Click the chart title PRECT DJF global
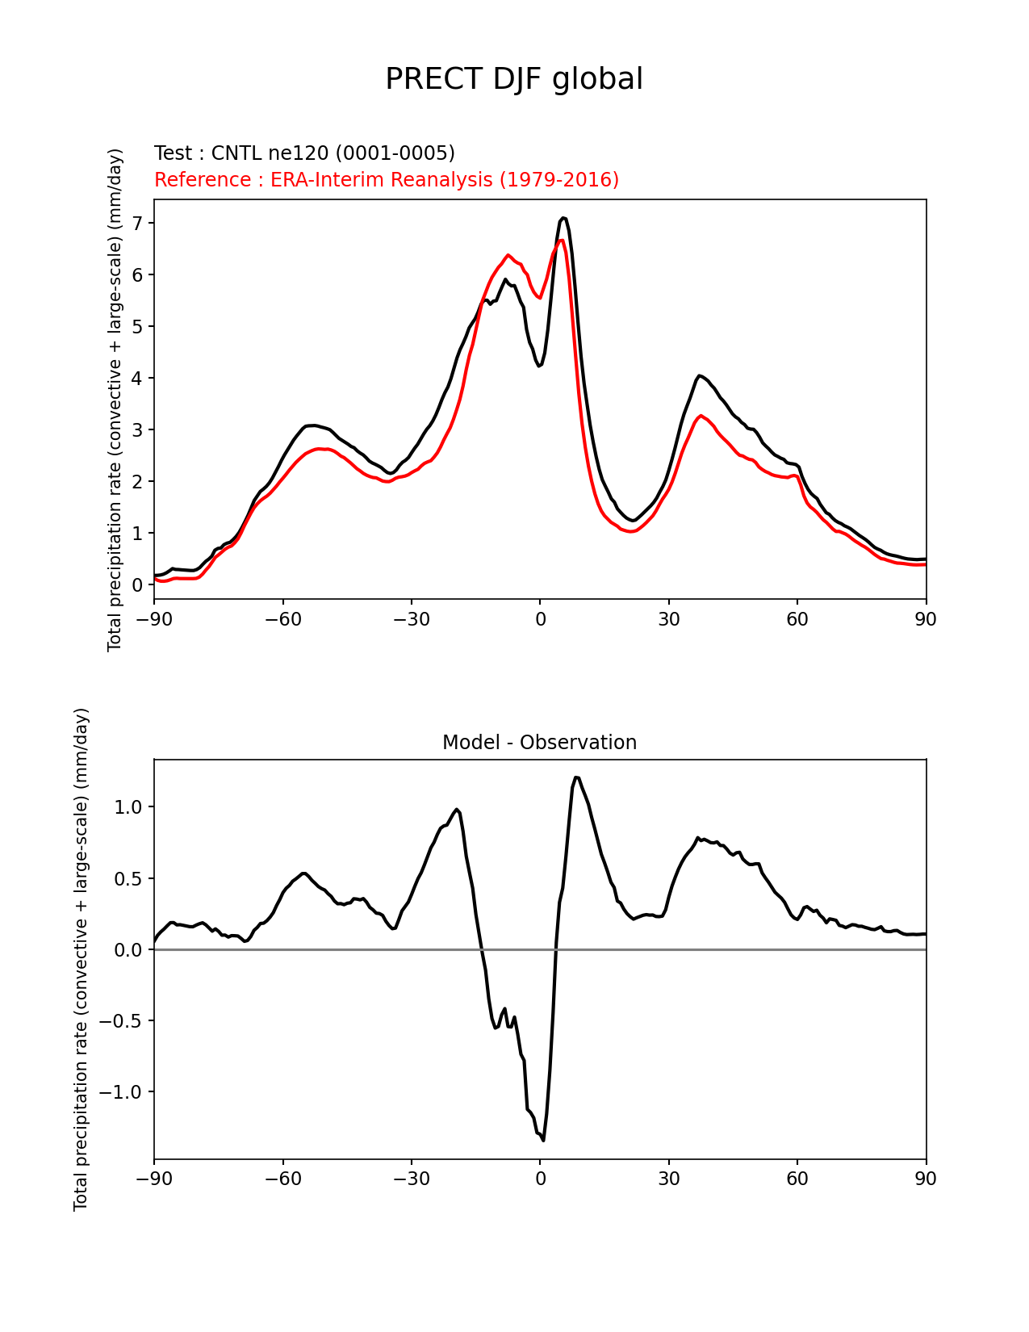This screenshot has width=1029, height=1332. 514,79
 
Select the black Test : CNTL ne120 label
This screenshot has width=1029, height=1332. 304,153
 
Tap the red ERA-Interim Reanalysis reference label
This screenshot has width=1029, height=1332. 387,179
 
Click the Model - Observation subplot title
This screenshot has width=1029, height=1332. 539,742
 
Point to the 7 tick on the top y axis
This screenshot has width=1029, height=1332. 138,223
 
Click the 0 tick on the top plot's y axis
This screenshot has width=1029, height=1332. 138,584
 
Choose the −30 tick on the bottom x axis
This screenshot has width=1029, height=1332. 411,1179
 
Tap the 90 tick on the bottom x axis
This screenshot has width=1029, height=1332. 926,1179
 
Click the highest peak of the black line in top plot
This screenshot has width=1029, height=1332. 563,218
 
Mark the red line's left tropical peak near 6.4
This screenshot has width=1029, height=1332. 508,255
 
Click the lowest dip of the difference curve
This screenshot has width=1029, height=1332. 543,1140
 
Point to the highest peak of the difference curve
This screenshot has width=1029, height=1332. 576,777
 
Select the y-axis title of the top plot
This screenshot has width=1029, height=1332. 115,400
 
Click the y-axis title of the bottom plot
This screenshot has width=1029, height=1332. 81,959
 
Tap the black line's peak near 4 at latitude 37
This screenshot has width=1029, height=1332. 699,375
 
